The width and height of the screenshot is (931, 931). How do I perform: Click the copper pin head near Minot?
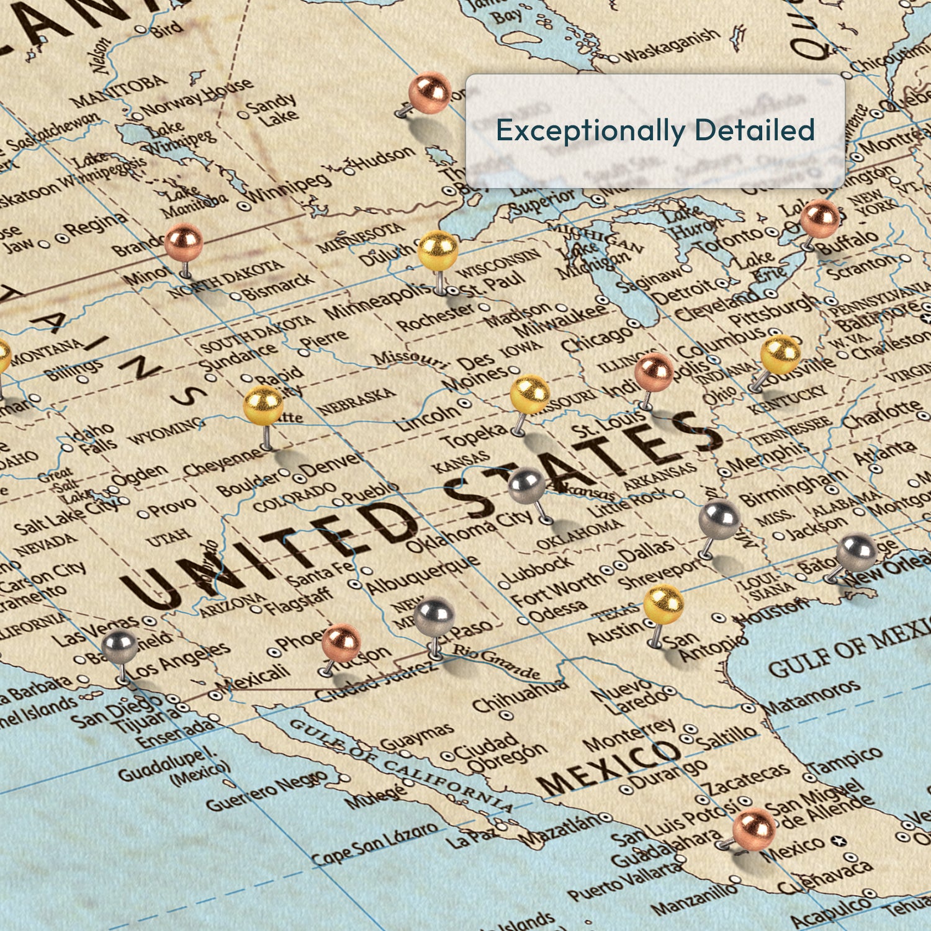tap(183, 243)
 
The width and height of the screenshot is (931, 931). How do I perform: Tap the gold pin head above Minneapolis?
tap(438, 250)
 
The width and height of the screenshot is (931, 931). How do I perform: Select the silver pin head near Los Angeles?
tap(120, 646)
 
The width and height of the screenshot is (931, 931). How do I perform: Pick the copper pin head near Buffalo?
tap(819, 218)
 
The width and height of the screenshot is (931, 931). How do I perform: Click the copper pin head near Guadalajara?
tap(754, 829)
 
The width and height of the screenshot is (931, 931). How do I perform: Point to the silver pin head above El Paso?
tap(434, 616)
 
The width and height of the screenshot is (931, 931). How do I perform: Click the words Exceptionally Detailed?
tap(655, 130)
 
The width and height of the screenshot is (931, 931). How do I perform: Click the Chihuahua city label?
tap(520, 696)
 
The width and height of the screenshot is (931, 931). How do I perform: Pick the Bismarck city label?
tap(279, 286)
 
